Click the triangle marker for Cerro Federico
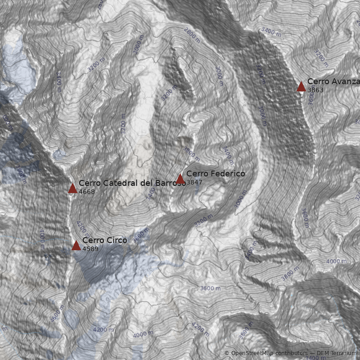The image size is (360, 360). tap(180, 179)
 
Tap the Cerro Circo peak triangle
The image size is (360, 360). tap(76, 245)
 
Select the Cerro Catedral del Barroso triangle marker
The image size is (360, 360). tap(72, 189)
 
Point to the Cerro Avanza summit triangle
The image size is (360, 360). tap(301, 87)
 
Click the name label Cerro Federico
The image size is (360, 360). tap(216, 174)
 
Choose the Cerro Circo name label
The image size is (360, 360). tap(104, 240)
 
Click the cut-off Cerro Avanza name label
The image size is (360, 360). tap(333, 81)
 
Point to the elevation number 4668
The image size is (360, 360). tap(87, 192)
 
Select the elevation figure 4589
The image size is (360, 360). tap(90, 249)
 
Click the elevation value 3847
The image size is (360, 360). tap(194, 183)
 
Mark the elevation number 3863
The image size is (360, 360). tap(315, 90)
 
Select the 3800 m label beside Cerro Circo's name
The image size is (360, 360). tap(140, 234)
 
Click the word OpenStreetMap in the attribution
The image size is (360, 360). tap(252, 353)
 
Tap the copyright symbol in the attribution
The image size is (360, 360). tap(227, 353)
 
